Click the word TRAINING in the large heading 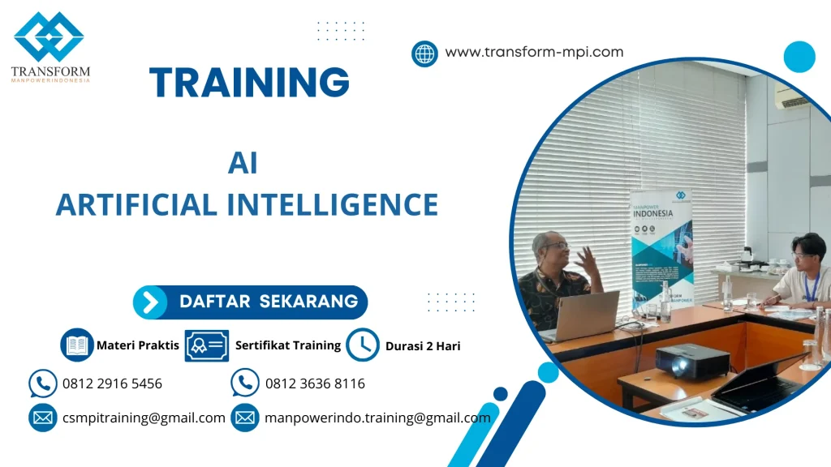click(x=249, y=83)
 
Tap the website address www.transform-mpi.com click(x=534, y=52)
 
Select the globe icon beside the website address click(x=424, y=54)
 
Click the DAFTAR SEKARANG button click(x=251, y=302)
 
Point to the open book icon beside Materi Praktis click(x=77, y=345)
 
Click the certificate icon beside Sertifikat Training click(x=207, y=345)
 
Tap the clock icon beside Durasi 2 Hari click(x=363, y=345)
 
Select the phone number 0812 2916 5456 click(x=112, y=383)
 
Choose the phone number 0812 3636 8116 click(x=315, y=383)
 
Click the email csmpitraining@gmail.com click(x=144, y=418)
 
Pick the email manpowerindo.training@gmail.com click(x=377, y=418)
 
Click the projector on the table click(x=691, y=359)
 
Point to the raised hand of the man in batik click(x=586, y=259)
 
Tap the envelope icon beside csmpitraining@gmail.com click(x=42, y=418)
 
